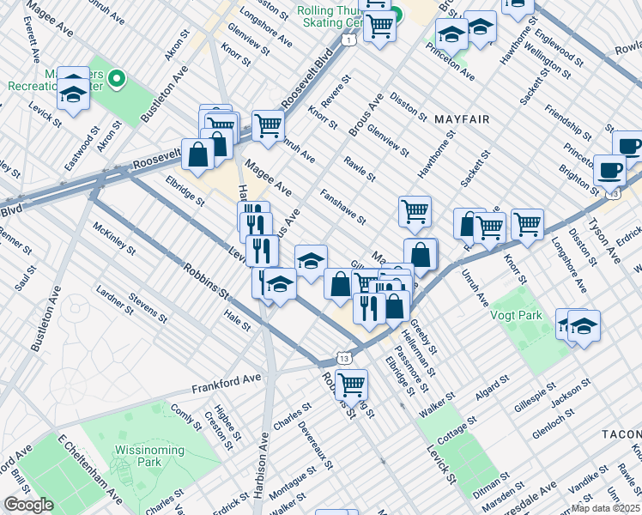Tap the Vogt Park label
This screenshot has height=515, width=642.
click(516, 315)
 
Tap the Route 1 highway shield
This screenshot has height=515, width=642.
click(348, 39)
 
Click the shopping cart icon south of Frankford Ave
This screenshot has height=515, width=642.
click(351, 384)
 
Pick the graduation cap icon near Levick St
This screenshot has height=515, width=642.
click(280, 282)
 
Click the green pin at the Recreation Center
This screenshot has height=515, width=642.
click(118, 80)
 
